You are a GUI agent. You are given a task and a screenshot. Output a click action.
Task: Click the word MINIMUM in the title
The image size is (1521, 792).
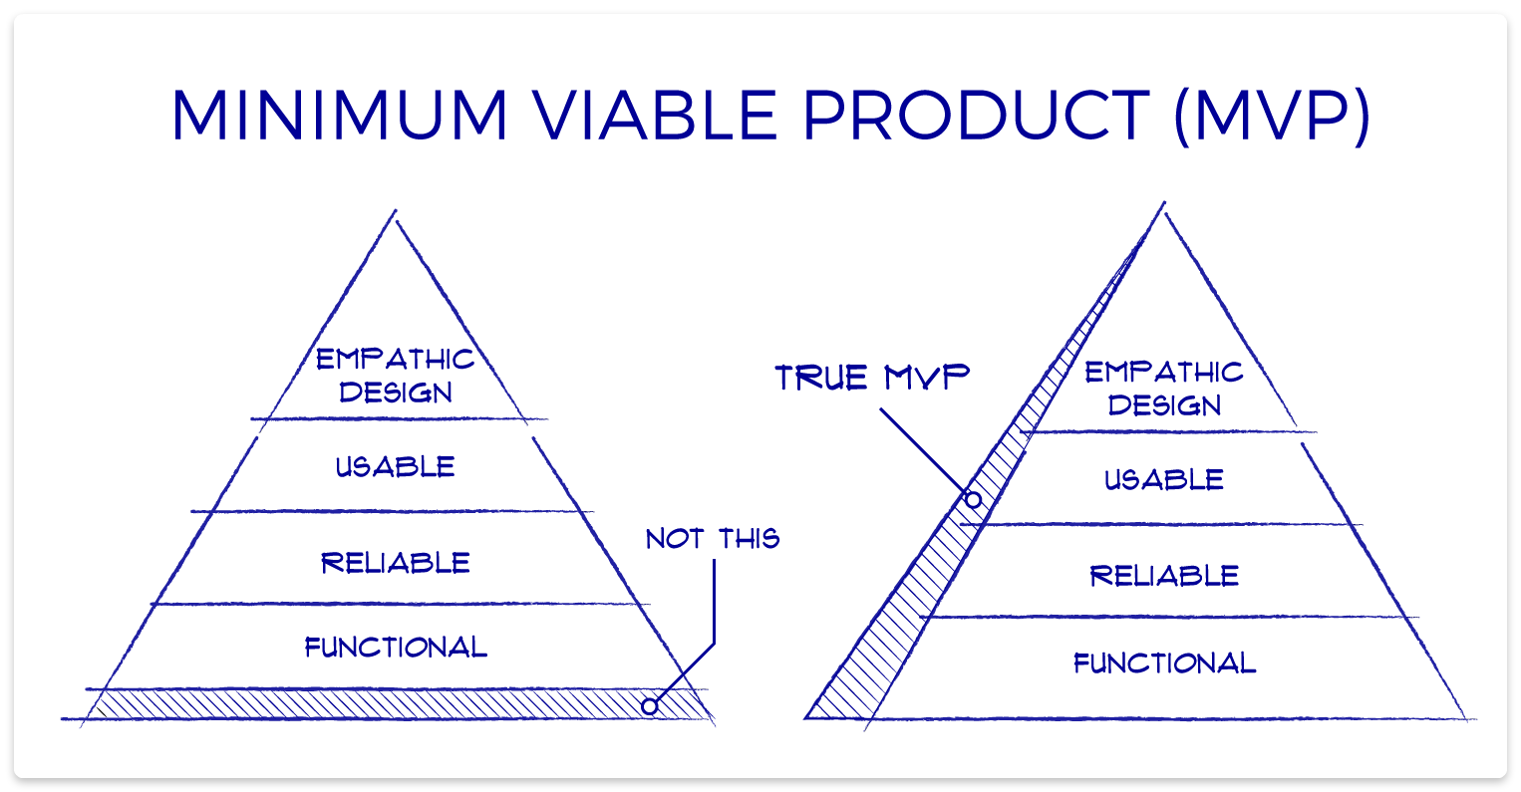[x=340, y=116]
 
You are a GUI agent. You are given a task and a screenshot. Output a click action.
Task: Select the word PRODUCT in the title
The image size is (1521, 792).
[x=977, y=116]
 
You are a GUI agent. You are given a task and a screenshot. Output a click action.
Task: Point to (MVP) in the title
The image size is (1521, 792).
[x=1272, y=116]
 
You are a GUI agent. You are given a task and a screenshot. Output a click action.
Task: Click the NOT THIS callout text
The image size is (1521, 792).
[x=713, y=539]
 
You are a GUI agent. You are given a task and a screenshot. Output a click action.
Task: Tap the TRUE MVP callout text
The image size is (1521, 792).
[x=873, y=378]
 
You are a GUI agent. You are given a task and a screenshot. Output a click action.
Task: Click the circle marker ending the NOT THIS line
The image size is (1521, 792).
[x=650, y=706]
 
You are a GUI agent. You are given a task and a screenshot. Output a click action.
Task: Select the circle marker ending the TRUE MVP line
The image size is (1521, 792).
[x=974, y=499]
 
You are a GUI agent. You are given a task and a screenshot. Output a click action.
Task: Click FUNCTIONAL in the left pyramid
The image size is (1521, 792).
[x=396, y=648]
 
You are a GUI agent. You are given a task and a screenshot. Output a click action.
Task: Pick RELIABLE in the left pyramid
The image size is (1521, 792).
[x=396, y=563]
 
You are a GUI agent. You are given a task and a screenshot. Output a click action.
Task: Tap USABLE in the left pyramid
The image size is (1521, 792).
[x=396, y=467]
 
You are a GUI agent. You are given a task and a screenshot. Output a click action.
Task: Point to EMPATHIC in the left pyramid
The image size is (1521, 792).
[x=396, y=360]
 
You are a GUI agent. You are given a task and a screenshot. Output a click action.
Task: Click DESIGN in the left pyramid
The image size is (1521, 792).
[x=396, y=393]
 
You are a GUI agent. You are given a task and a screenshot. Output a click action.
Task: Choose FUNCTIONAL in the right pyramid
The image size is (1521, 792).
[x=1164, y=663]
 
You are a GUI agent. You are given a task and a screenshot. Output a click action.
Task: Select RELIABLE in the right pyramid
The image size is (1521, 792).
[x=1164, y=576]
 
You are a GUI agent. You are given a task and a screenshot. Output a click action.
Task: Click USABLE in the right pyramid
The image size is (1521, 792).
[x=1164, y=480]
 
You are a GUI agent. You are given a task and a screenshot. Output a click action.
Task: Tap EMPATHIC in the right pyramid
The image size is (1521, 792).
[x=1164, y=373]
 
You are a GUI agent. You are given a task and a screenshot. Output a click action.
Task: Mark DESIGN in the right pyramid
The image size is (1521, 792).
[x=1164, y=405]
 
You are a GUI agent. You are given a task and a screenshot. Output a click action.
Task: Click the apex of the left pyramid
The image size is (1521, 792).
[x=396, y=212]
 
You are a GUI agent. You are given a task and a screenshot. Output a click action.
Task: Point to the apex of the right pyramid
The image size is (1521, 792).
[x=1163, y=205]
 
